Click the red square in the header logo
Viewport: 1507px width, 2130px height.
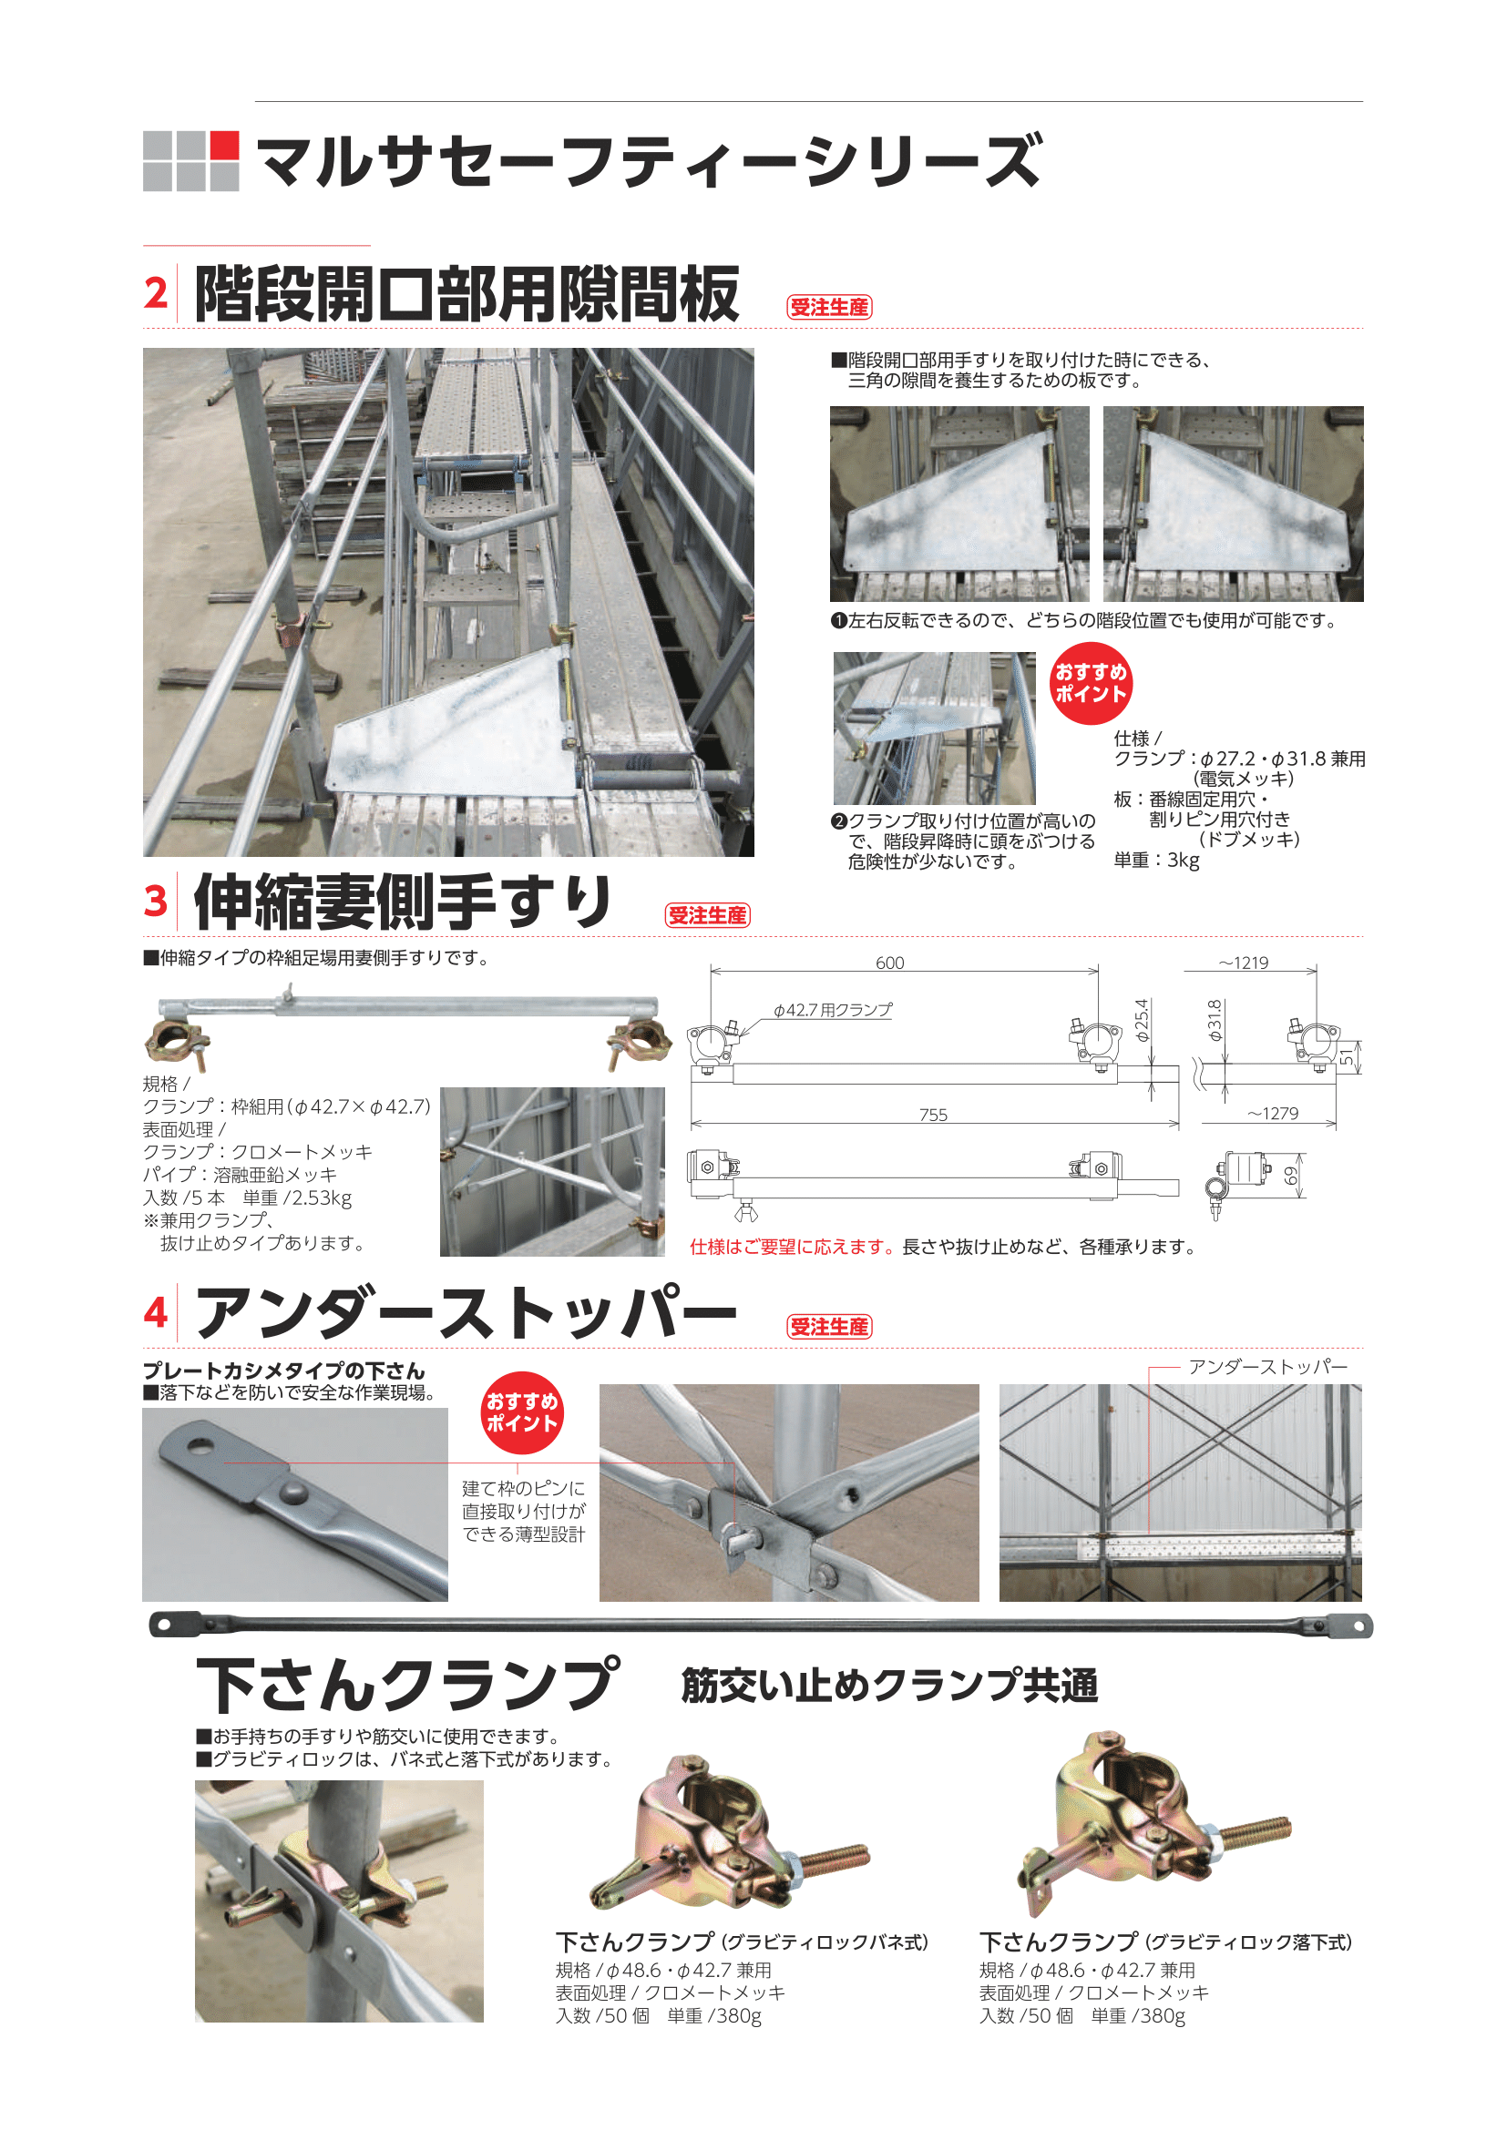[224, 145]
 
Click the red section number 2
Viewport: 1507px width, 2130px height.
[156, 293]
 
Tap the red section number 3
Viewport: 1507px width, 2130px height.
[156, 901]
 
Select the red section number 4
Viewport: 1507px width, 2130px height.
[156, 1313]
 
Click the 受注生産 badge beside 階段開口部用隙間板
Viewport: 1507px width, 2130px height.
[830, 307]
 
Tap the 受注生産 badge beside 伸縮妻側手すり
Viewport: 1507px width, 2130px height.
[707, 915]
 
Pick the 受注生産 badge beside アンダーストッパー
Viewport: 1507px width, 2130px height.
[830, 1328]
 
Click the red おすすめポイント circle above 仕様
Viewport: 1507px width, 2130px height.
[1092, 684]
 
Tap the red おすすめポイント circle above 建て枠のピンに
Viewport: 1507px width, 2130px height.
[522, 1413]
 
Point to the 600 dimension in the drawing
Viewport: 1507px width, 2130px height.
[890, 963]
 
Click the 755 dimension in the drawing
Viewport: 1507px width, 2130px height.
[934, 1116]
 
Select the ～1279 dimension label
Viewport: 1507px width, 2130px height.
[1273, 1113]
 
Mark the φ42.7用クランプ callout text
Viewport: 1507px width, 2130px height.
[834, 1009]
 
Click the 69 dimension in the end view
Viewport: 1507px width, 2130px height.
[1291, 1176]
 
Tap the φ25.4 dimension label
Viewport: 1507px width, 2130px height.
[1143, 1021]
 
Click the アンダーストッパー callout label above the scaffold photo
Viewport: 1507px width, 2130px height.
[1267, 1367]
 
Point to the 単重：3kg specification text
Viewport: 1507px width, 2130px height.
[1156, 860]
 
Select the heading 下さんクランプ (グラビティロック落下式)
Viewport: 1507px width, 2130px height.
[1165, 1941]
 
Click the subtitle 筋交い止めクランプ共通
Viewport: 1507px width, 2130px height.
[890, 1686]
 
